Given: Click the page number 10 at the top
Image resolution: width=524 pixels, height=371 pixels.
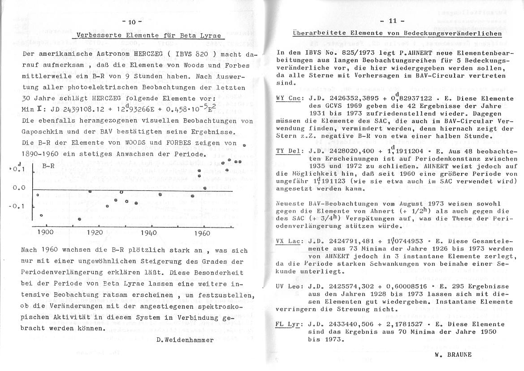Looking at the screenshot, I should (131, 22).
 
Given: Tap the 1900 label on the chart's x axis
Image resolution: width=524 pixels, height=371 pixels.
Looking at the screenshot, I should (45, 232).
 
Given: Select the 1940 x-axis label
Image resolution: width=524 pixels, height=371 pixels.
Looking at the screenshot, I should (148, 233).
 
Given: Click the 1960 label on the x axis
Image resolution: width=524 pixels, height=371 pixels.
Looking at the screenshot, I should (202, 233).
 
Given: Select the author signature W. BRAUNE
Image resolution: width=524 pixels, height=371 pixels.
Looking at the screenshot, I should (453, 354).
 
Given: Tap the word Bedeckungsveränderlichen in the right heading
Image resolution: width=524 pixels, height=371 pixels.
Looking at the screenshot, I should (451, 34).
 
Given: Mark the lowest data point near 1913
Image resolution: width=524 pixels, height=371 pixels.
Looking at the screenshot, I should (80, 219).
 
